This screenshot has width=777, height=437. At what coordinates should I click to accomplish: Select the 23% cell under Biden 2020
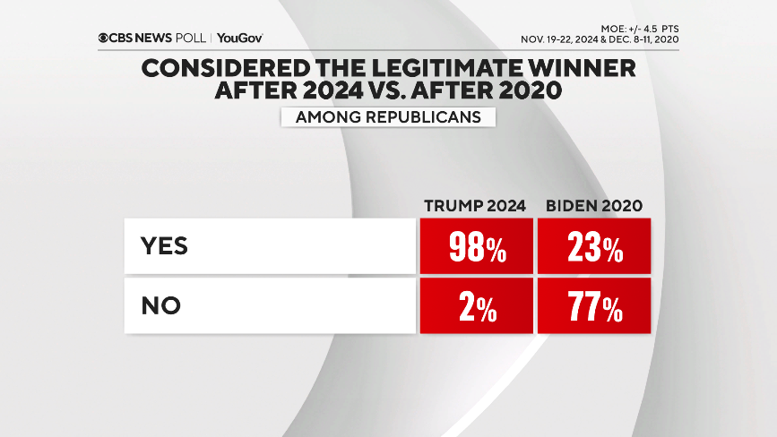click(594, 246)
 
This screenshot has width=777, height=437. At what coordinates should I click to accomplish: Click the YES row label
click(164, 246)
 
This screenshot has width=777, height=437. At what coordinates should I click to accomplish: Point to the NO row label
click(161, 306)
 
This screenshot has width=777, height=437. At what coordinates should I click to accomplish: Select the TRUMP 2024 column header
click(475, 206)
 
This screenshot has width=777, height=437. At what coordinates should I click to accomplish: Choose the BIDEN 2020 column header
click(594, 206)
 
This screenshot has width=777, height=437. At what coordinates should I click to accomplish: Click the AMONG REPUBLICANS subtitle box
click(388, 116)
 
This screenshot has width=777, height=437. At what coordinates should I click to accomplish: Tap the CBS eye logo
click(105, 38)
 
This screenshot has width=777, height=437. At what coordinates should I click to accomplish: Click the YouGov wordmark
click(240, 38)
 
